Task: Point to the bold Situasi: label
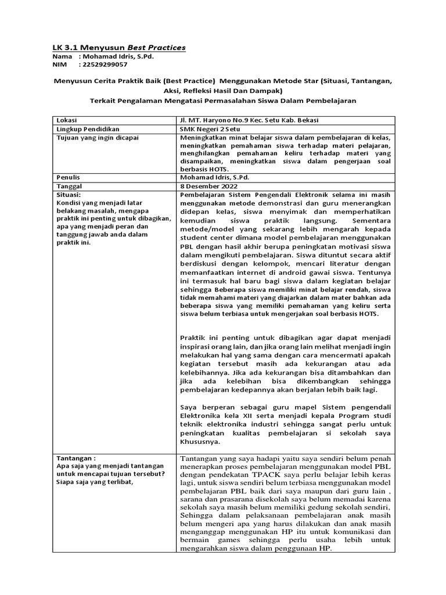pos(69,194)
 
